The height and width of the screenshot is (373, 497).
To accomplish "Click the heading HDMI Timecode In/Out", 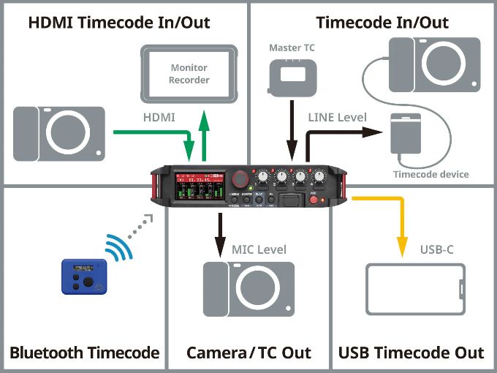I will (x=118, y=23).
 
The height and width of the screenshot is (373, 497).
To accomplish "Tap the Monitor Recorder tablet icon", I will (x=189, y=73).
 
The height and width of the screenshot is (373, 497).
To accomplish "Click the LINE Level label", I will (x=338, y=117).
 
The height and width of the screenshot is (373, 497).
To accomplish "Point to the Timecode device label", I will (x=430, y=174).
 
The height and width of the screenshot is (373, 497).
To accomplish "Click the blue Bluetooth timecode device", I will (x=84, y=276).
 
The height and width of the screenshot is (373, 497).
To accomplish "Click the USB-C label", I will (x=437, y=249).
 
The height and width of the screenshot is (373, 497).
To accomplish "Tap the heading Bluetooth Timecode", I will (x=85, y=353).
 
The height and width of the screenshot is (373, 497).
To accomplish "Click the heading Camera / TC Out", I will (x=248, y=353).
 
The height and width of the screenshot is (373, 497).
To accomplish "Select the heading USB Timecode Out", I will (x=411, y=353).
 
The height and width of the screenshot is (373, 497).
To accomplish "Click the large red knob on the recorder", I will (x=239, y=179).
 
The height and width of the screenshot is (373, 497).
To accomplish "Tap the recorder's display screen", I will (x=199, y=186).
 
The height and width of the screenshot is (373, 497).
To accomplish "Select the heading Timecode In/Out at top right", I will (x=382, y=23).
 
